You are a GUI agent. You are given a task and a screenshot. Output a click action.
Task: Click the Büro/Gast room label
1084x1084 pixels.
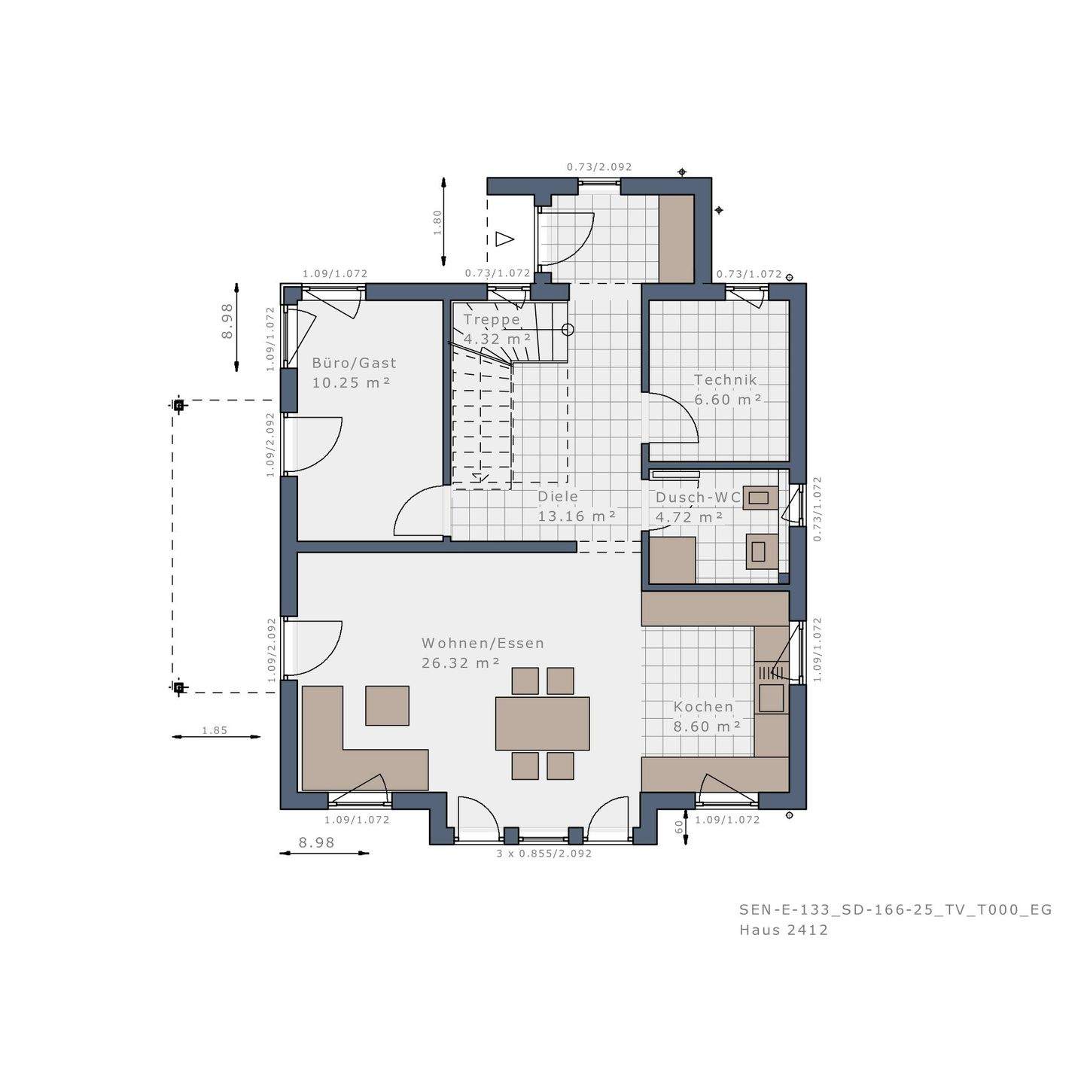click(x=354, y=373)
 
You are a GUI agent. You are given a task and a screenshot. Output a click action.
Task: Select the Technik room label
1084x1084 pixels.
click(x=726, y=390)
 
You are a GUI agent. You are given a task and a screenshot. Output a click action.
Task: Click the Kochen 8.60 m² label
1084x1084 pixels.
click(x=705, y=717)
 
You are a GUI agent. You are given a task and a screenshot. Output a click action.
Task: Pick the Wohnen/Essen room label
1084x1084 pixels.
click(x=482, y=653)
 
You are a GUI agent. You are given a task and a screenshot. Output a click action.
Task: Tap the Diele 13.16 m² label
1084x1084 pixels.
click(x=576, y=507)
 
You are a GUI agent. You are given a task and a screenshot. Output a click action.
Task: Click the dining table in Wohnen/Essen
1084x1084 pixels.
click(x=542, y=723)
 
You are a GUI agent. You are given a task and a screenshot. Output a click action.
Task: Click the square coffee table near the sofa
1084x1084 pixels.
click(x=387, y=705)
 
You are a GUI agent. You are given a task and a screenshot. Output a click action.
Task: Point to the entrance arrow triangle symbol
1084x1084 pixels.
click(x=504, y=239)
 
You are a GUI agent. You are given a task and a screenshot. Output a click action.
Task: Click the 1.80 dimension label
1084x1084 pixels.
click(x=437, y=222)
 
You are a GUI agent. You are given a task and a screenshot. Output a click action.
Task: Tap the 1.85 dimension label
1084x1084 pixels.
click(x=215, y=730)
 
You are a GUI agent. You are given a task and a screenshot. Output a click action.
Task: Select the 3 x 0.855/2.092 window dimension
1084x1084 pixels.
click(x=544, y=854)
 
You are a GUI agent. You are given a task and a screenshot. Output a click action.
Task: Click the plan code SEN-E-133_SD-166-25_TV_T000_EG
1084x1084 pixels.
click(x=895, y=909)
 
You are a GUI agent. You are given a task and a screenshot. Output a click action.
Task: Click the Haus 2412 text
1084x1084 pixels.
click(x=784, y=930)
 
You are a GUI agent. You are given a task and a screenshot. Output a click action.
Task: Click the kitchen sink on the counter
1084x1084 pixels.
click(x=771, y=698)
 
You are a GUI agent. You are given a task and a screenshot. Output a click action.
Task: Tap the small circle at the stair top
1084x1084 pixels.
click(x=568, y=330)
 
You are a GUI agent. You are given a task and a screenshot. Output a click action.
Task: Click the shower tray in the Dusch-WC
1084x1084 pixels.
click(x=672, y=560)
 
